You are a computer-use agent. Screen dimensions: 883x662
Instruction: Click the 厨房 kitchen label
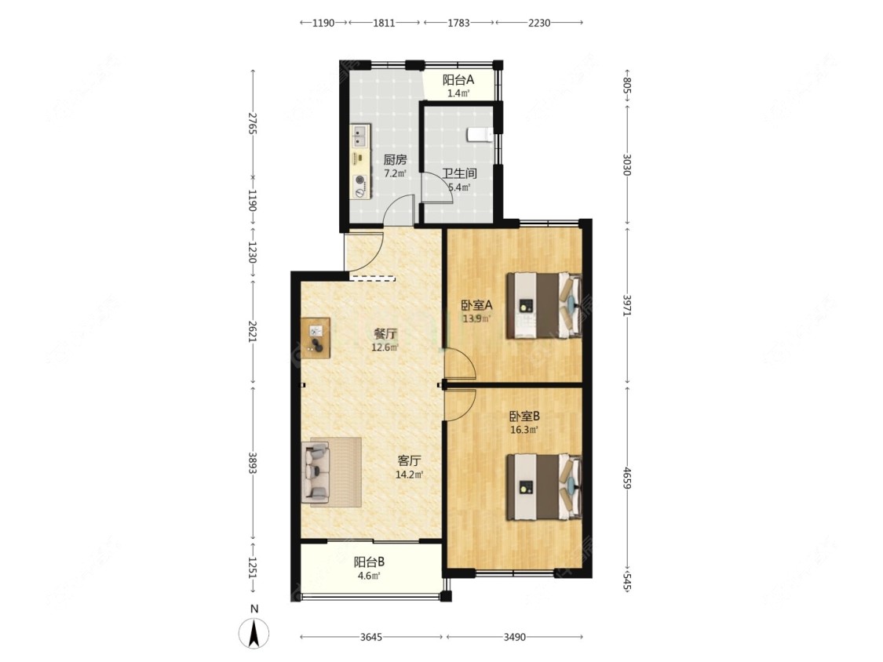tap(396, 160)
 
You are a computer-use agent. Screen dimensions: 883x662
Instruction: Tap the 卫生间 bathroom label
tap(459, 173)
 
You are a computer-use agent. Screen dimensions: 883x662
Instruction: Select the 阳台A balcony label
tap(458, 80)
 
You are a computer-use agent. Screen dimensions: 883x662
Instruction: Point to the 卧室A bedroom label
tap(477, 306)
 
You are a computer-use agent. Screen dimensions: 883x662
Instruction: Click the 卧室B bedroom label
tap(525, 416)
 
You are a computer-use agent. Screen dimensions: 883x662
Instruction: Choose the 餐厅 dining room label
tap(385, 334)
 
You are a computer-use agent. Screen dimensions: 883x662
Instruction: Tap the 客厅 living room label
tap(410, 461)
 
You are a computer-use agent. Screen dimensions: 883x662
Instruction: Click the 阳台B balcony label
tap(370, 562)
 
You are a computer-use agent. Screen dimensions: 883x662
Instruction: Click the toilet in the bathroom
tap(480, 135)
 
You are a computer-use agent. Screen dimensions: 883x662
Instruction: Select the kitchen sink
tap(359, 135)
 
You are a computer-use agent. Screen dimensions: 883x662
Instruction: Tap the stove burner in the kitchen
tap(359, 181)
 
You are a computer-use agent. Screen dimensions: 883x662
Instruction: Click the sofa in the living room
tap(316, 472)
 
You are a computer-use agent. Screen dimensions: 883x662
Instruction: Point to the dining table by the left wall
tap(316, 338)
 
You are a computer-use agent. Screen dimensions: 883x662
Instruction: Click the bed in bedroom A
tap(544, 305)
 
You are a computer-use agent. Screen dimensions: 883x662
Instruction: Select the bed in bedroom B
tap(544, 487)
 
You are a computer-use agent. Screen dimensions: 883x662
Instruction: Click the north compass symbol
tap(254, 633)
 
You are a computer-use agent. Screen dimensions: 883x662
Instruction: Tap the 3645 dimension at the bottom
tap(371, 637)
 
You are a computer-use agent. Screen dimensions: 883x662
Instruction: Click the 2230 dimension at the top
tap(539, 23)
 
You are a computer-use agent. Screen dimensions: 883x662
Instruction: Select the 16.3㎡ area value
tap(524, 430)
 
